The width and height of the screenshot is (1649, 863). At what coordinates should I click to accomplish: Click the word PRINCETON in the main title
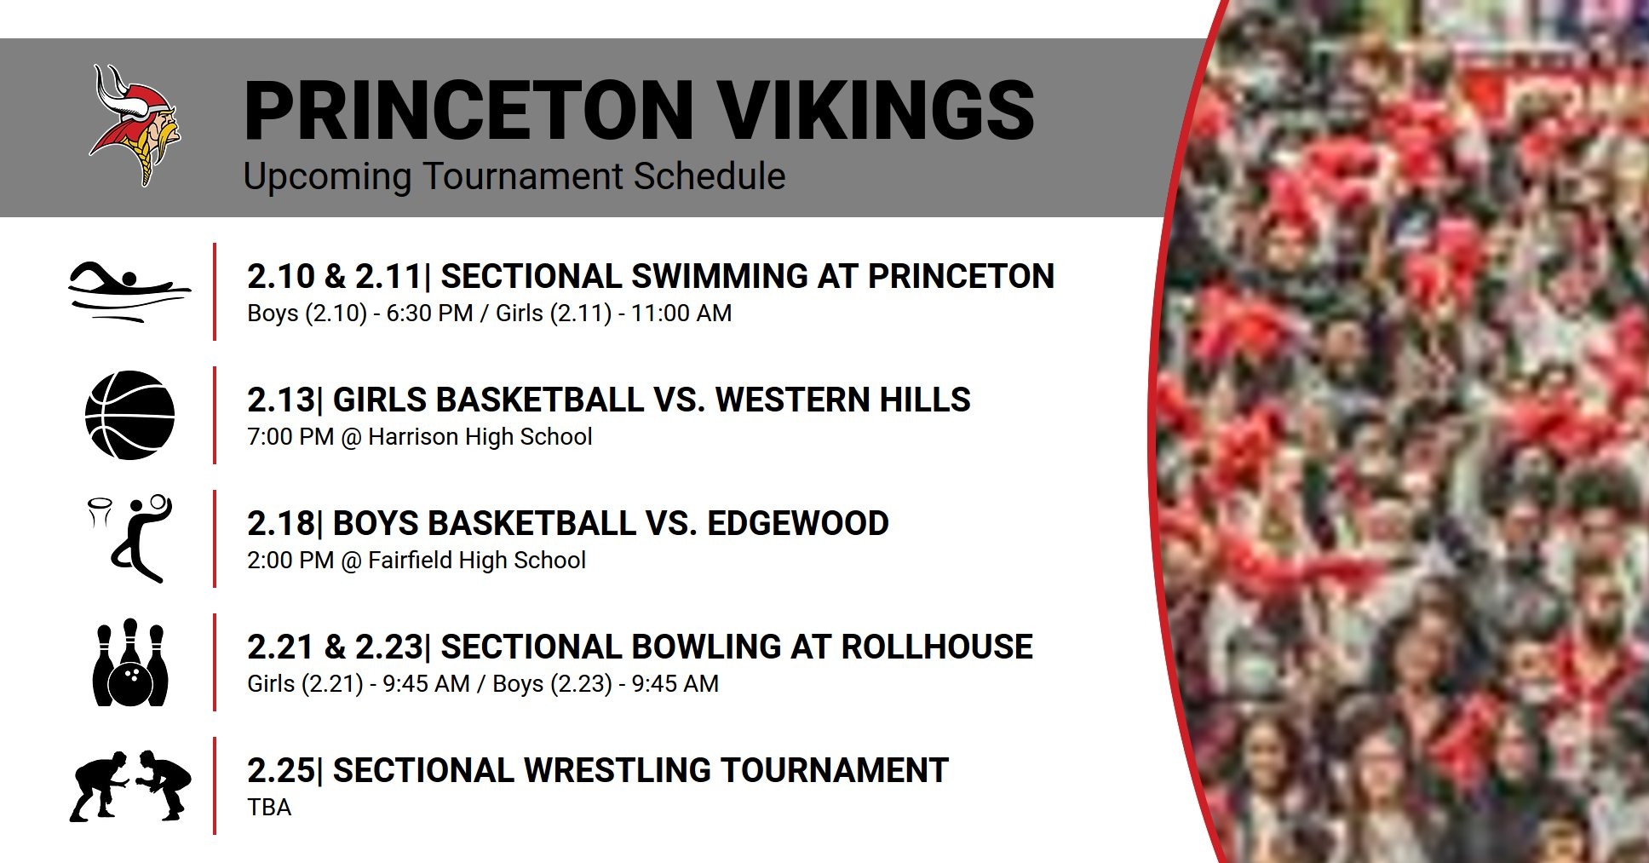click(468, 110)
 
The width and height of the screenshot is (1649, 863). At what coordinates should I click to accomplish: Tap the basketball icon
click(130, 415)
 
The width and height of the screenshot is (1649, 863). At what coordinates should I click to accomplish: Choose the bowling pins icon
click(130, 662)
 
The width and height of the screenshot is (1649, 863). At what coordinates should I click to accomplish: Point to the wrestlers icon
click(130, 785)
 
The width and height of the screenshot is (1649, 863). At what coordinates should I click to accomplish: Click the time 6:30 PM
click(429, 314)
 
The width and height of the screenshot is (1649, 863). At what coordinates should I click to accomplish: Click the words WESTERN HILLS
click(842, 400)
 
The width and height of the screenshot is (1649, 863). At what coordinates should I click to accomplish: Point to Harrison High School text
click(480, 437)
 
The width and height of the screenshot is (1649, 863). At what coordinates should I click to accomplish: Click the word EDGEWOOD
click(797, 523)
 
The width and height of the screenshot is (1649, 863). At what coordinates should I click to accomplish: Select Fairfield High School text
click(477, 561)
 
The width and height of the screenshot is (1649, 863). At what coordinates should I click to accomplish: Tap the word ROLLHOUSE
click(936, 647)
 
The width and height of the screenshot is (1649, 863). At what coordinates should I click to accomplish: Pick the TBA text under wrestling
click(269, 808)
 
